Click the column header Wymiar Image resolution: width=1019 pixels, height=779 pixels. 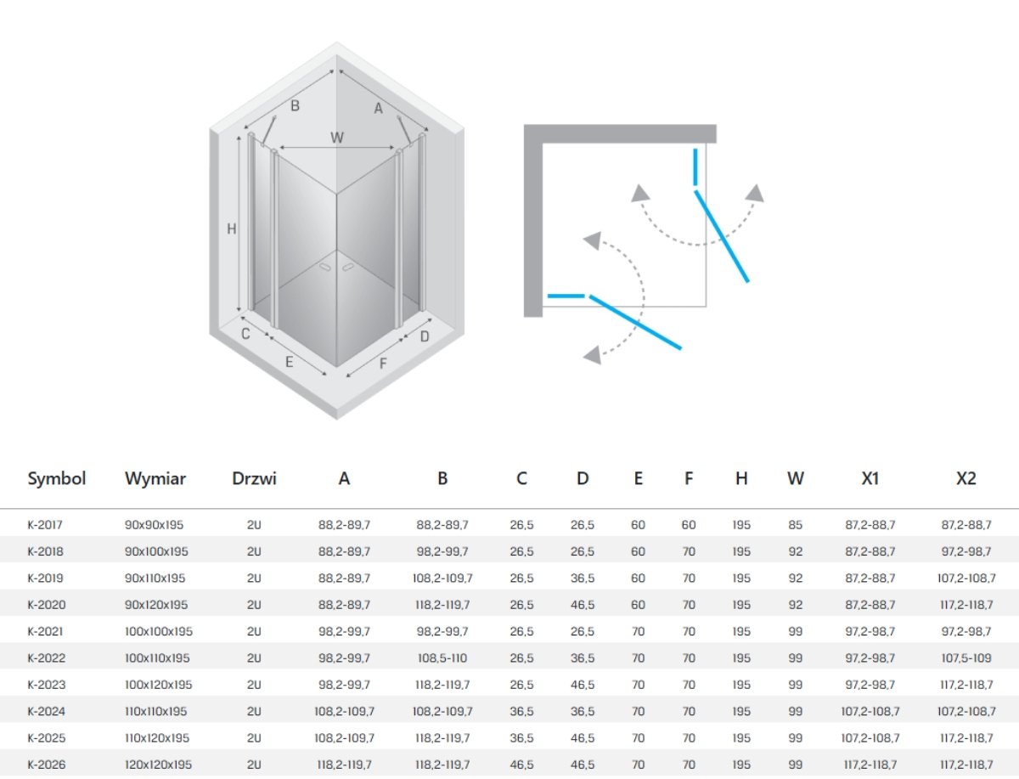(x=155, y=478)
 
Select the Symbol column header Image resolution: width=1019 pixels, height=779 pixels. (x=57, y=478)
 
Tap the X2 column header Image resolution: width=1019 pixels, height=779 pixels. (x=966, y=478)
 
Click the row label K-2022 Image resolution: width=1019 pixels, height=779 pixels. (x=47, y=658)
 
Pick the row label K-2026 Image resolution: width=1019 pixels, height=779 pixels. (x=47, y=765)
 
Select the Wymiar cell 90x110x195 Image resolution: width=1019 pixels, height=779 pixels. (x=155, y=578)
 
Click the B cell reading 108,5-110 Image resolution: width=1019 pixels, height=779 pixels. (x=442, y=658)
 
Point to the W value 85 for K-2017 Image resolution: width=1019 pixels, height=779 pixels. (x=795, y=525)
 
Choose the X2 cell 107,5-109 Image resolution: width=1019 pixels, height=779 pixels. (x=966, y=658)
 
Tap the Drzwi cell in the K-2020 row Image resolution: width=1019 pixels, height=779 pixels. (x=254, y=605)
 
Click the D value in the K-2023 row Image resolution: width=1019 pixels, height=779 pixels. (x=583, y=685)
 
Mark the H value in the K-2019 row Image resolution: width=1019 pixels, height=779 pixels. (x=741, y=578)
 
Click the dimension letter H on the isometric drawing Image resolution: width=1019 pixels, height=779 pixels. (x=232, y=229)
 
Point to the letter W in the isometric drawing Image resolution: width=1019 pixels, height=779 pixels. (x=337, y=138)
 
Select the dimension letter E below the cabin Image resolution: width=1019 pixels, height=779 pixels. (x=290, y=362)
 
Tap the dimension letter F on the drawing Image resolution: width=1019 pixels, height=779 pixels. (x=383, y=363)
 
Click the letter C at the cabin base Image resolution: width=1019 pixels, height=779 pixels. (x=245, y=334)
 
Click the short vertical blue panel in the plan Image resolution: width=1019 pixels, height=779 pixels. (x=695, y=167)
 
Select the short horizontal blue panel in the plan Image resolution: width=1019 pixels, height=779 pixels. (x=566, y=296)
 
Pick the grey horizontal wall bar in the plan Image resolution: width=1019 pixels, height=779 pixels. (x=620, y=133)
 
